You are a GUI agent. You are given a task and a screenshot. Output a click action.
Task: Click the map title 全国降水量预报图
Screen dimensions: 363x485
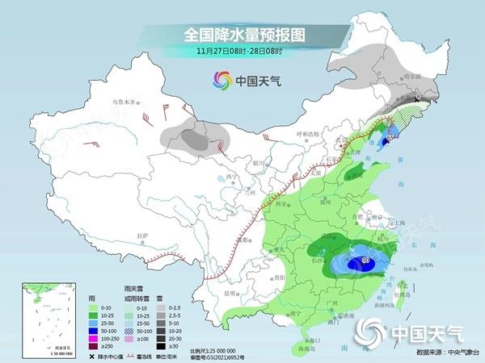(x=242, y=35)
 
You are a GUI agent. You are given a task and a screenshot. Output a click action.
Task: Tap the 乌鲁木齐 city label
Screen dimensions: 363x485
(x=124, y=102)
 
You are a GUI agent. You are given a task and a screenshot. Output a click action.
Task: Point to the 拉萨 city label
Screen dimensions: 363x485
(x=143, y=235)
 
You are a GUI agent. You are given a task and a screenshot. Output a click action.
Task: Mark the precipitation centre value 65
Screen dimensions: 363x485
(x=390, y=138)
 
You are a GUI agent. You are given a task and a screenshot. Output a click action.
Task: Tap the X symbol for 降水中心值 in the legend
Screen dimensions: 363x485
(x=93, y=354)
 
